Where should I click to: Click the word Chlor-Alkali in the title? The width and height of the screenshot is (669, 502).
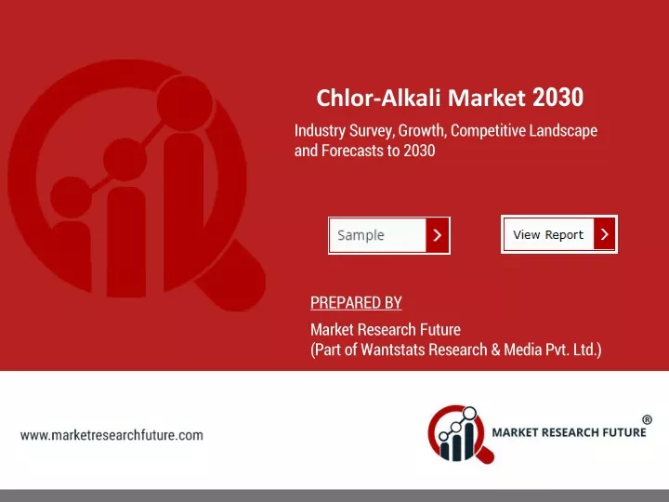coord(378,98)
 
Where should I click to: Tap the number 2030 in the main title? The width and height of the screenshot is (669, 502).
coord(557,98)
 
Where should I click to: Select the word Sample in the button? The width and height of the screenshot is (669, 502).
coord(361,235)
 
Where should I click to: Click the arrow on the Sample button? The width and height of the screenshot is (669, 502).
coord(438,235)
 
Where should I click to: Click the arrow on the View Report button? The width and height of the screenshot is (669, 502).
coord(604,234)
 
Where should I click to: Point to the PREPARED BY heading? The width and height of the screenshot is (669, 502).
coord(356,303)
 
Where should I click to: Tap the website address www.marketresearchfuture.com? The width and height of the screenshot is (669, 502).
coord(111,435)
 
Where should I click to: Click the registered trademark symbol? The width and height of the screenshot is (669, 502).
coord(648,419)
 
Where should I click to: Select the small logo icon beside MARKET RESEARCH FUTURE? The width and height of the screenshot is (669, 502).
coord(461,434)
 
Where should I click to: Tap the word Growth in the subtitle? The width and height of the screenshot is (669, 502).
coord(423,131)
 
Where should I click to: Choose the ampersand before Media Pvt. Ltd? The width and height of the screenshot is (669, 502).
coord(495,350)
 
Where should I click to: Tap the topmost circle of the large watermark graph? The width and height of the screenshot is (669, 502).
coord(184,104)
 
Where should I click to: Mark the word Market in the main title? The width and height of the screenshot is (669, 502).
coord(486,98)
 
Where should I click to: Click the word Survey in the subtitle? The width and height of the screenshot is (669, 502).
coord(372,131)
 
